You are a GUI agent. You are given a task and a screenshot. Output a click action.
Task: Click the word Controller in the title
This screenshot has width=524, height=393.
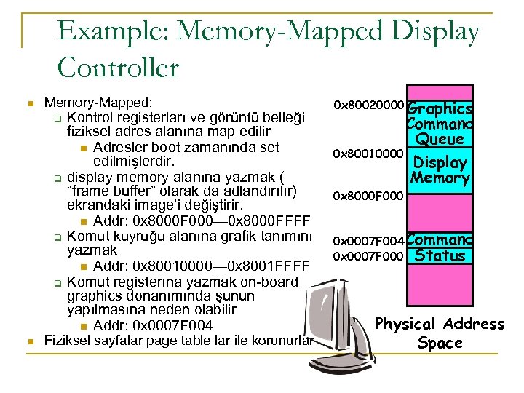coord(118,68)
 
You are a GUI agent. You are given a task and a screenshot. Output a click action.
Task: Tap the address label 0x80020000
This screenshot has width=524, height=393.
coord(368,106)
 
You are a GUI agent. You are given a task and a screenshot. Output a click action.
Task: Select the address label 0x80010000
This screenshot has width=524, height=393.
coord(368,154)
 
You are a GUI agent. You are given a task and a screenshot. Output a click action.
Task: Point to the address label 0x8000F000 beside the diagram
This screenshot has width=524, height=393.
coord(368,196)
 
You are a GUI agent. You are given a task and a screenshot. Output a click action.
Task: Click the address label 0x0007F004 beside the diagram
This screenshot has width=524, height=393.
coord(368,241)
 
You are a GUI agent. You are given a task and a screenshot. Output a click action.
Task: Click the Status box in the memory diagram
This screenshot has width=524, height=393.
coord(440,255)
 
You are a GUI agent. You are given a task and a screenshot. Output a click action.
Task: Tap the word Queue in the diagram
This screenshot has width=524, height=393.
coord(440,139)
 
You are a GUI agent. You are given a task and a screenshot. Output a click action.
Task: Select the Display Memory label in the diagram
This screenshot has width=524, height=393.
coord(440,170)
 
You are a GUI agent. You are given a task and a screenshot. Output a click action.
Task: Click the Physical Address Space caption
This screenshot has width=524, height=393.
coord(440,333)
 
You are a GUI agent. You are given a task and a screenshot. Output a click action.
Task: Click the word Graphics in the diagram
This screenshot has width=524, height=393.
coord(440,108)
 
